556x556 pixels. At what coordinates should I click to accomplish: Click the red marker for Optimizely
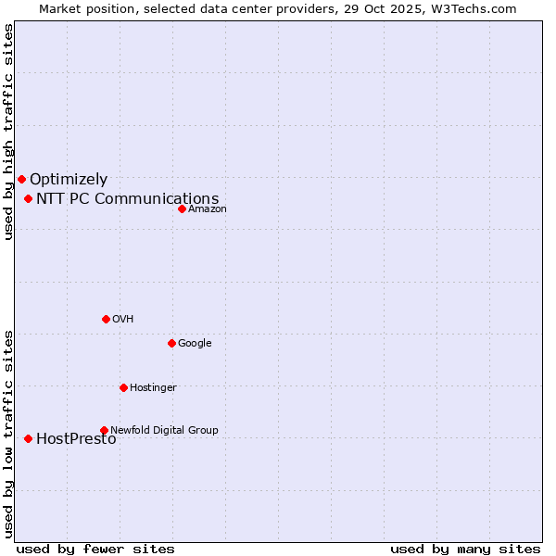(x=21, y=179)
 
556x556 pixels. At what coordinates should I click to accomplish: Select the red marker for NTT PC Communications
(x=29, y=198)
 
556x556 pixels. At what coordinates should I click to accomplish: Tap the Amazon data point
(x=182, y=208)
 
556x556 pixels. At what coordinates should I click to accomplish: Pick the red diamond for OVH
(x=106, y=319)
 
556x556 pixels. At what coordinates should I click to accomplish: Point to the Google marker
(x=171, y=343)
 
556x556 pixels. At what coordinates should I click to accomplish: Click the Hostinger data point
(x=123, y=387)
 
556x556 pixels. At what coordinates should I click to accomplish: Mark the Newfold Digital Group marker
(x=104, y=430)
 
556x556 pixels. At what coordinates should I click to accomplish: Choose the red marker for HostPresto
(x=29, y=438)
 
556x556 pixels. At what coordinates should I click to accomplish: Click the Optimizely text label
(x=69, y=180)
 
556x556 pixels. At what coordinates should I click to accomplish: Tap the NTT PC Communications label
(x=128, y=199)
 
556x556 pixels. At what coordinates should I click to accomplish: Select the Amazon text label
(x=208, y=209)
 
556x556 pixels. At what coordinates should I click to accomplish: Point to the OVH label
(x=123, y=320)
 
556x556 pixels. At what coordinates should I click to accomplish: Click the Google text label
(x=195, y=344)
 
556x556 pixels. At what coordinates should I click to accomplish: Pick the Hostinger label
(x=153, y=388)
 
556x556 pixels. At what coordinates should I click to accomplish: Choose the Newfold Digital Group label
(x=164, y=431)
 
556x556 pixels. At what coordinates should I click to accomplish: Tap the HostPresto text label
(x=76, y=439)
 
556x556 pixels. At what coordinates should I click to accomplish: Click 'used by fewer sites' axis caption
(x=95, y=550)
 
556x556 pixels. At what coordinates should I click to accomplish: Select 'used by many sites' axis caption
(x=465, y=550)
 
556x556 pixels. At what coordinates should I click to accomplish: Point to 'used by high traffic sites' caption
(x=9, y=132)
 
